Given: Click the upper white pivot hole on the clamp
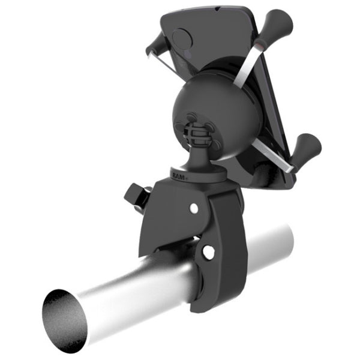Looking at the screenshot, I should pyautogui.click(x=193, y=208).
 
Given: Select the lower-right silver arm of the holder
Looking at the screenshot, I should pyautogui.click(x=273, y=153).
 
